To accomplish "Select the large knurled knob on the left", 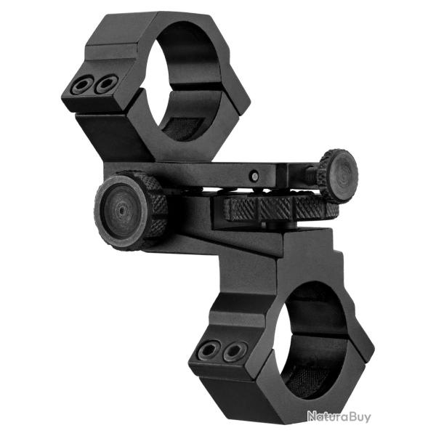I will coord(130,209).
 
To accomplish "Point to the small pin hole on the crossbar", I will coord(254,175).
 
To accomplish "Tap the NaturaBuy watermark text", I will coord(339,416).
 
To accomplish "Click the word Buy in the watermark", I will coord(359,417).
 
